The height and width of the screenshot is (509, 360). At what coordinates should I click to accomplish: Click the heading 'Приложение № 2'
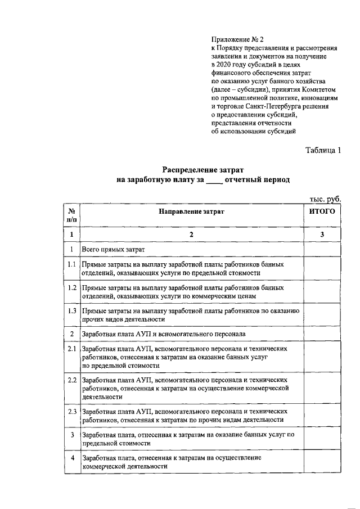237,39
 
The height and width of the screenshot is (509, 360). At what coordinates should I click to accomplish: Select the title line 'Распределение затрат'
203,170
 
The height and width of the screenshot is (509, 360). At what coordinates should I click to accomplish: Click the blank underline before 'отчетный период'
214,181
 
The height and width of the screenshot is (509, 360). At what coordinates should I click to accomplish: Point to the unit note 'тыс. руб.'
326,199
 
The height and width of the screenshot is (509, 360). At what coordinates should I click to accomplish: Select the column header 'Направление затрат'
191,212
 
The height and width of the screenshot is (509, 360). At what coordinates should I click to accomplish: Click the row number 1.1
72,264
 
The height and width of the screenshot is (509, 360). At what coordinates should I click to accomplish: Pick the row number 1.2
72,287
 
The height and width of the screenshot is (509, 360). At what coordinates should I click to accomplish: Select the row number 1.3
72,310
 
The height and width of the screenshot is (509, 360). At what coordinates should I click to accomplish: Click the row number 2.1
72,349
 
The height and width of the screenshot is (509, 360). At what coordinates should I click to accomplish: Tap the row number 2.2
72,380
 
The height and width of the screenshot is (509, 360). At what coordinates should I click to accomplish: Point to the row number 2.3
72,412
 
